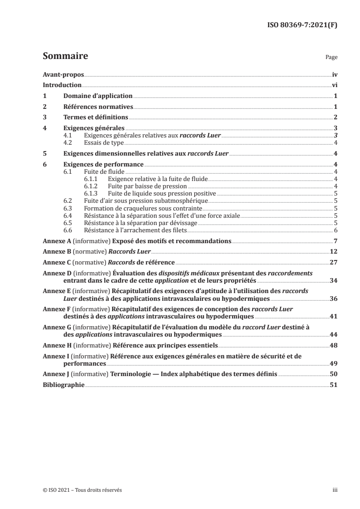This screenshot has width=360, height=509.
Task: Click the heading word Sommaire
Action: (x=65, y=57)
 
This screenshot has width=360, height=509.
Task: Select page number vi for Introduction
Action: (x=334, y=85)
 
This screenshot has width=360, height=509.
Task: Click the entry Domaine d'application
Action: (x=98, y=96)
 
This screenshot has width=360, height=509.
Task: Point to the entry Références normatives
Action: (x=98, y=107)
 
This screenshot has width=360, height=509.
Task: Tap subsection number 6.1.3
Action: (x=92, y=193)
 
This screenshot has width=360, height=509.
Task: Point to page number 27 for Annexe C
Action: (x=333, y=262)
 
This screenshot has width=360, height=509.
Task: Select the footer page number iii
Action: (x=335, y=490)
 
